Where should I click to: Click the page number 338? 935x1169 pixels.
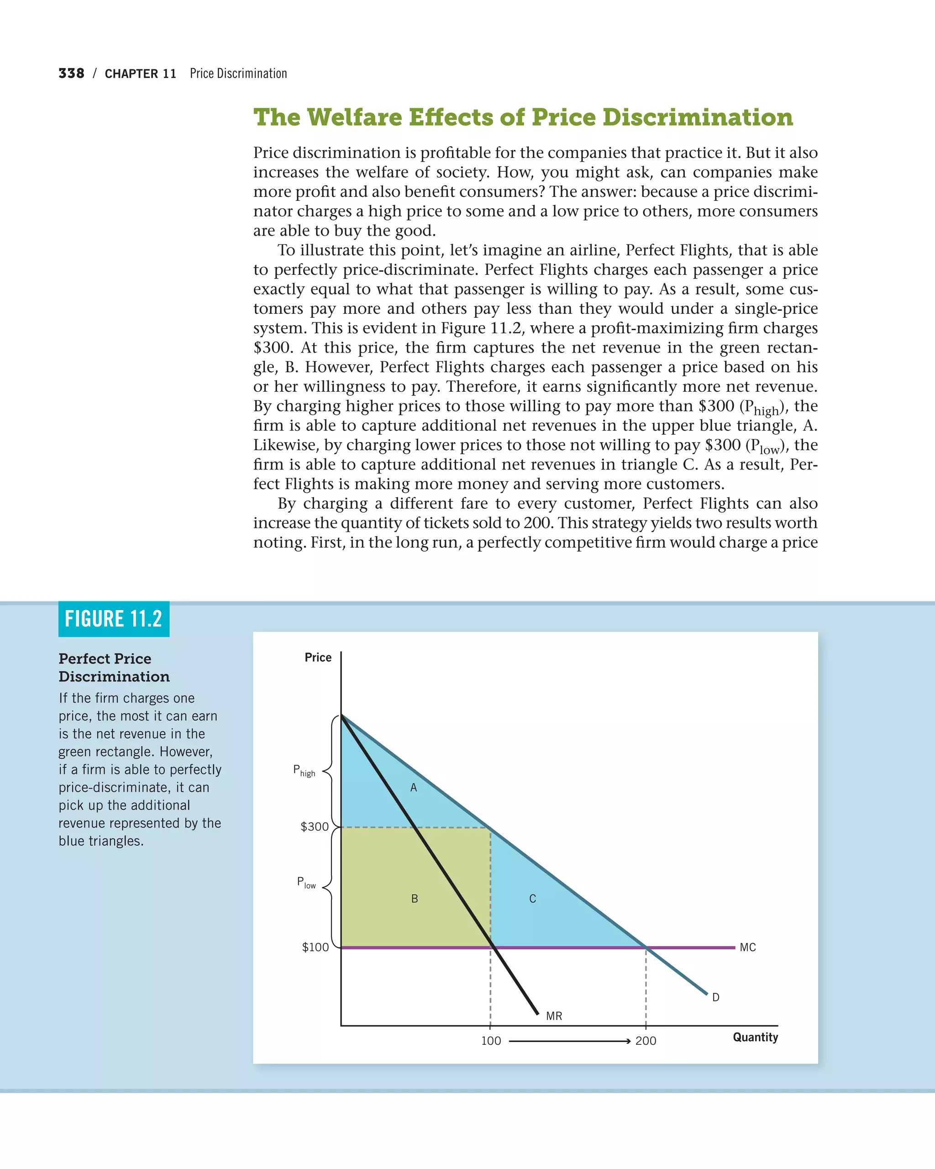pos(71,73)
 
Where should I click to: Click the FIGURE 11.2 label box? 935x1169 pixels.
pos(113,619)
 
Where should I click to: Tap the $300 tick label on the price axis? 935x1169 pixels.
pos(315,827)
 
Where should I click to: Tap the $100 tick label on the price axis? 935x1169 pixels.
pos(315,947)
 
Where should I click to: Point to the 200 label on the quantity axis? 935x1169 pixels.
pos(646,1041)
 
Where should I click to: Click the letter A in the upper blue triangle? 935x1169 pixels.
pos(414,788)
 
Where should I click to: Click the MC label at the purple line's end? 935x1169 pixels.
pos(747,947)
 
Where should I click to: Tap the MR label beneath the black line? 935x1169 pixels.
pos(554,1016)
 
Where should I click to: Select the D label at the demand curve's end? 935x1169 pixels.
pos(715,997)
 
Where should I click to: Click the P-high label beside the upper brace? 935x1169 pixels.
pos(304,770)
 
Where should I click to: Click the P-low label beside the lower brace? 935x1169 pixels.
pos(306,882)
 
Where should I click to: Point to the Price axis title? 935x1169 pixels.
pos(318,658)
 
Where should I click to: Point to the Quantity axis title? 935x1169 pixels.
pos(755,1037)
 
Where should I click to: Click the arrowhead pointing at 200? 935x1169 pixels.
pos(627,1041)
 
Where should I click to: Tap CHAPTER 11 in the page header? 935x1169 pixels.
pos(140,74)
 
